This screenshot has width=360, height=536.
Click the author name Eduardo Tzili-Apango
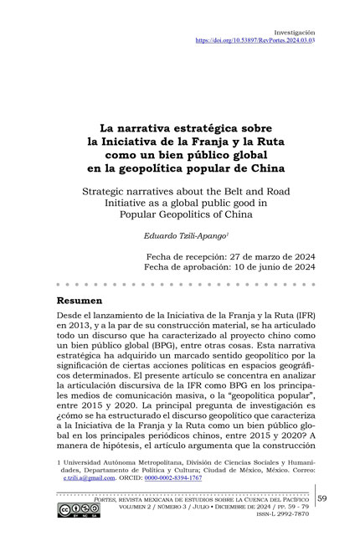[x=178, y=237]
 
